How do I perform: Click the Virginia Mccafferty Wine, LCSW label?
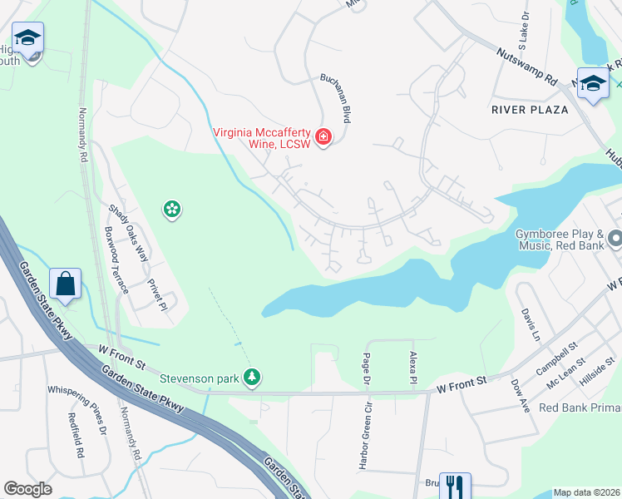(x=262, y=138)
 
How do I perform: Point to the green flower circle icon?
(x=172, y=210)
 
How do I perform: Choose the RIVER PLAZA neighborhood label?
(x=530, y=110)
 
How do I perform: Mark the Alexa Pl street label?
(x=413, y=367)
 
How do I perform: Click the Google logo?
(x=27, y=489)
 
